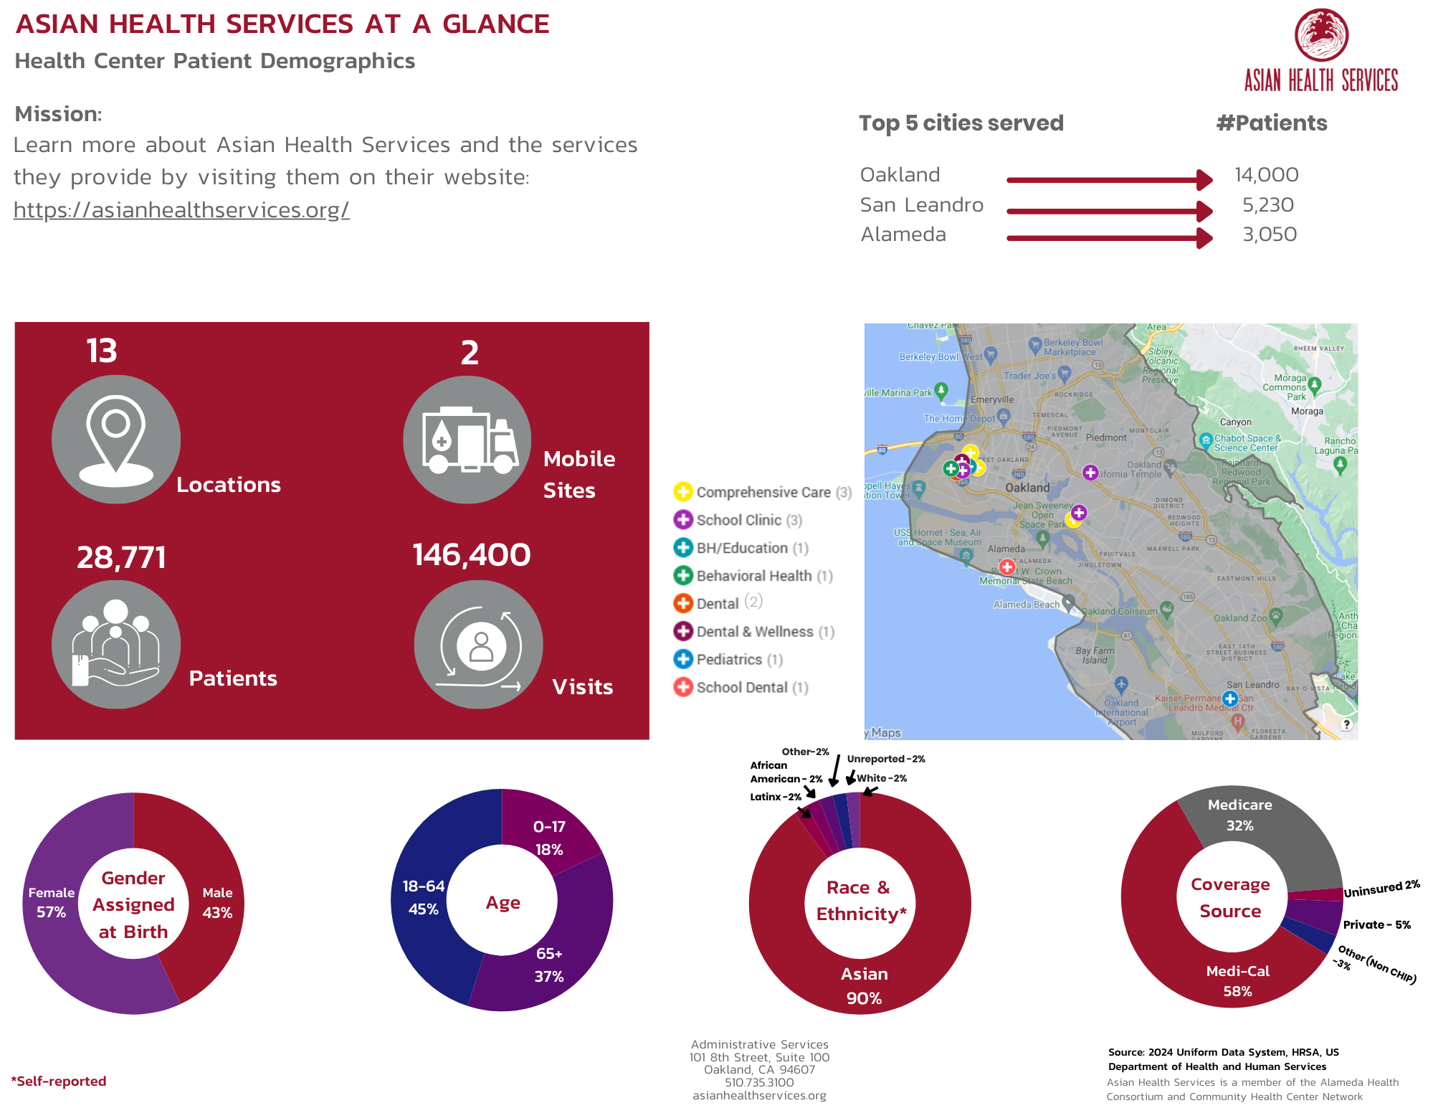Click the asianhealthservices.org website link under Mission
tap(181, 209)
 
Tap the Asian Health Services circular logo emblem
tap(1321, 34)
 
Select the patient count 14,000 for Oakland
tap(1266, 175)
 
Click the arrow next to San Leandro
tap(1109, 211)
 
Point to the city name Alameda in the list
tap(903, 235)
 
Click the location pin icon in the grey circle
tap(115, 439)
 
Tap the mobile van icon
tap(468, 440)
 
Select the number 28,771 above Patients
tap(121, 557)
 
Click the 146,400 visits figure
tap(472, 555)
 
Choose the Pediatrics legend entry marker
tap(683, 659)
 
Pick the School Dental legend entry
tap(741, 688)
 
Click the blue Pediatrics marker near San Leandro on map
tap(1230, 698)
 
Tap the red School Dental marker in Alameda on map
tap(1007, 567)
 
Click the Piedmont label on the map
tap(1106, 437)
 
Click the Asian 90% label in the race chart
tap(864, 985)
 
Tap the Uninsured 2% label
tap(1381, 889)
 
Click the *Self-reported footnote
tap(59, 1081)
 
